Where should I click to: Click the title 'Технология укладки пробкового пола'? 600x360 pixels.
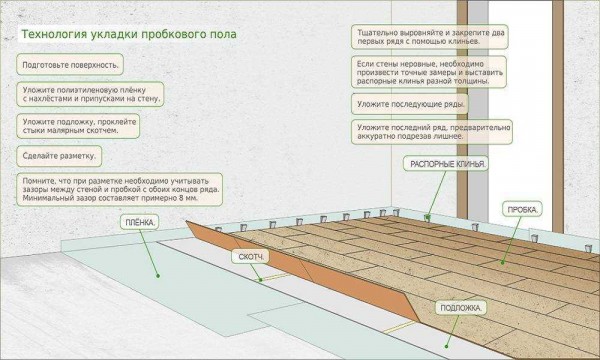(x=129, y=34)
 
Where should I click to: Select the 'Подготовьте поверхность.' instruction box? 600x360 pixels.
(x=70, y=65)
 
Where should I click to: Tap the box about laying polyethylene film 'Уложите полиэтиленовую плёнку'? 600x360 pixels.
(x=90, y=94)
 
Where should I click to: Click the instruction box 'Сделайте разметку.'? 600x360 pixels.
(x=59, y=156)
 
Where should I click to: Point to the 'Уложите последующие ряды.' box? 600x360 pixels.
(x=410, y=104)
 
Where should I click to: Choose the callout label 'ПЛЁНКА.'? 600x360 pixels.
(x=140, y=222)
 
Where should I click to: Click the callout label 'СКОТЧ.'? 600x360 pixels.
(x=251, y=257)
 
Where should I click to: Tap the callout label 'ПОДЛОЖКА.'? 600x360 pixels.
(x=461, y=308)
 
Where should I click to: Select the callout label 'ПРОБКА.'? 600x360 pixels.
(x=522, y=209)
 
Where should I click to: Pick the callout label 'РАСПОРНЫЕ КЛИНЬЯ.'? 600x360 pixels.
(x=446, y=164)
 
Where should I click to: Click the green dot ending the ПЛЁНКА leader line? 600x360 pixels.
(x=158, y=275)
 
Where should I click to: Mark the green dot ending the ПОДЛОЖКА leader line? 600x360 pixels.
(x=446, y=346)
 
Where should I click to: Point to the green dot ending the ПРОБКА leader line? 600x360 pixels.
(x=503, y=262)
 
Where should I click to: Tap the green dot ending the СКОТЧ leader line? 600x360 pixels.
(x=261, y=280)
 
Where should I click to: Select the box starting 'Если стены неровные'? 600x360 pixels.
(x=429, y=72)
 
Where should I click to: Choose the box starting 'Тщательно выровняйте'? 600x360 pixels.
(x=430, y=37)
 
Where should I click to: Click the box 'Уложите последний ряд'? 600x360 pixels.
(x=432, y=132)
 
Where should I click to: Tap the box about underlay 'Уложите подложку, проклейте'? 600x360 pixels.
(x=78, y=126)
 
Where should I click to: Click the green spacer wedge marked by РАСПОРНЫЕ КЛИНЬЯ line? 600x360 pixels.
(x=427, y=218)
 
